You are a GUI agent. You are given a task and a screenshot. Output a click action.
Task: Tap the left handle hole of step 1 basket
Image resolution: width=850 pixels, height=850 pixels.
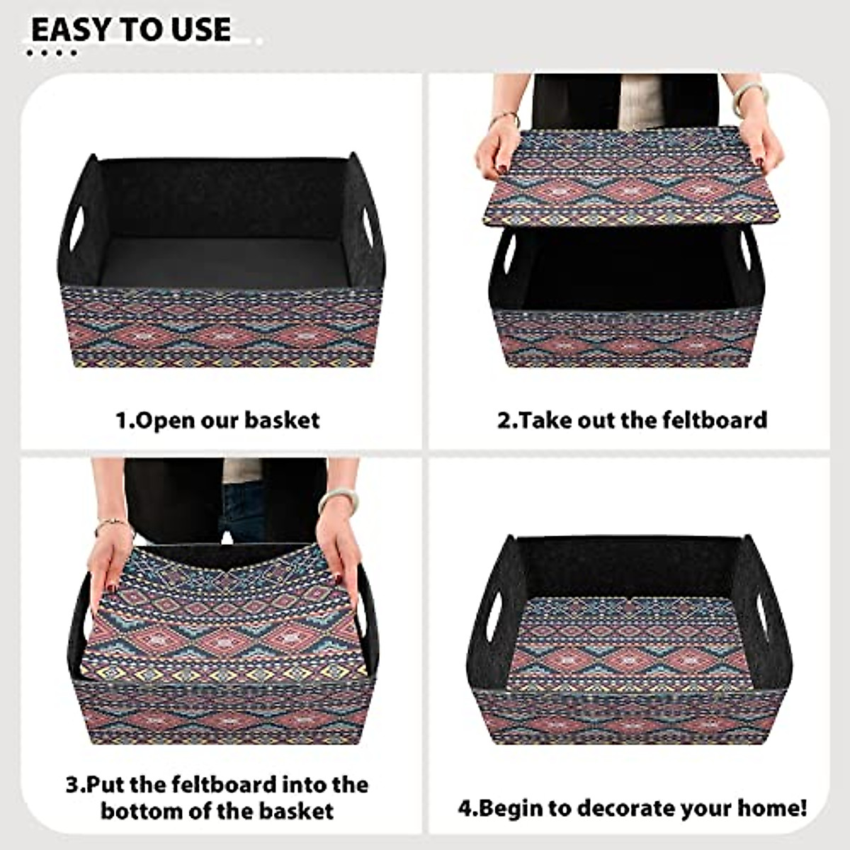76,228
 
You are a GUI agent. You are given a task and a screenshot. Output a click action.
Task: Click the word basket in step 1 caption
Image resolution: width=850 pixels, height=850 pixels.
282,420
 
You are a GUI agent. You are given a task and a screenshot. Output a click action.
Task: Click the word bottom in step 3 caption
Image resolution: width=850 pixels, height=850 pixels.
142,810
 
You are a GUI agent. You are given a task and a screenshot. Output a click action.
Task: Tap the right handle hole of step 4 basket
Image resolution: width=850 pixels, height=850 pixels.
764,610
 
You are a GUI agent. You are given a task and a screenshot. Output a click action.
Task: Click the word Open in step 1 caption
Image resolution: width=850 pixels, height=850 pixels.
164,421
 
